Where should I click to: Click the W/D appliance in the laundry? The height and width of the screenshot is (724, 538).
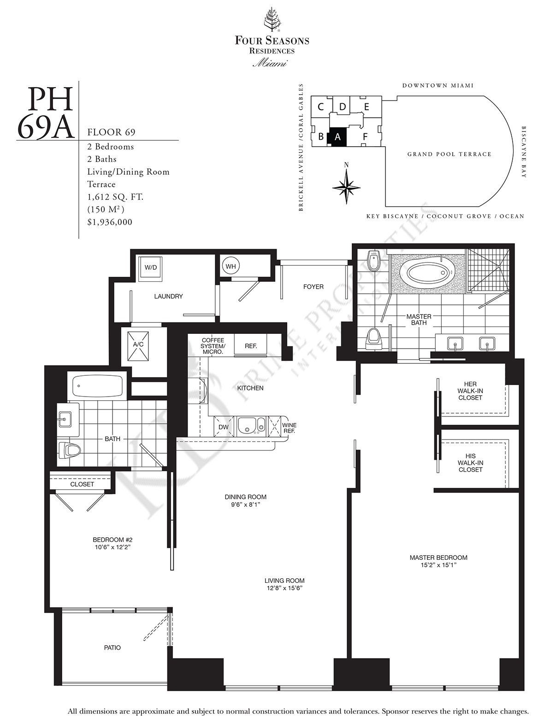coord(150,269)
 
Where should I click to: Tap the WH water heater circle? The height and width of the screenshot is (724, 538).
coord(231,267)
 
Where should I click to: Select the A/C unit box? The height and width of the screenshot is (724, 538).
coord(138,346)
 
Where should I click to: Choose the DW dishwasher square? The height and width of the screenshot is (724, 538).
coord(224,427)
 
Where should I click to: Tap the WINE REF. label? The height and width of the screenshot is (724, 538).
coord(289,428)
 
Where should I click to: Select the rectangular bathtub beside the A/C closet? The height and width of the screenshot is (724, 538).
coord(97,386)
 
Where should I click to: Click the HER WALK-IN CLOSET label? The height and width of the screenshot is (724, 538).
coord(470,391)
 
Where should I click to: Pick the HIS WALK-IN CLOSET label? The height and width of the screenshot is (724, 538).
coord(470,463)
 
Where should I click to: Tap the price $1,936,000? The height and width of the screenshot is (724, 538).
coord(110,222)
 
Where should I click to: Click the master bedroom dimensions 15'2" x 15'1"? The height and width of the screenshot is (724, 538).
coord(438,565)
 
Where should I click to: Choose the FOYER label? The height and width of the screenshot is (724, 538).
coord(313,286)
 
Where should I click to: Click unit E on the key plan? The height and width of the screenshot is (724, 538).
coord(367,107)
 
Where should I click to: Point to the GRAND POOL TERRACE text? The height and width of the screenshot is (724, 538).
coord(449,154)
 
